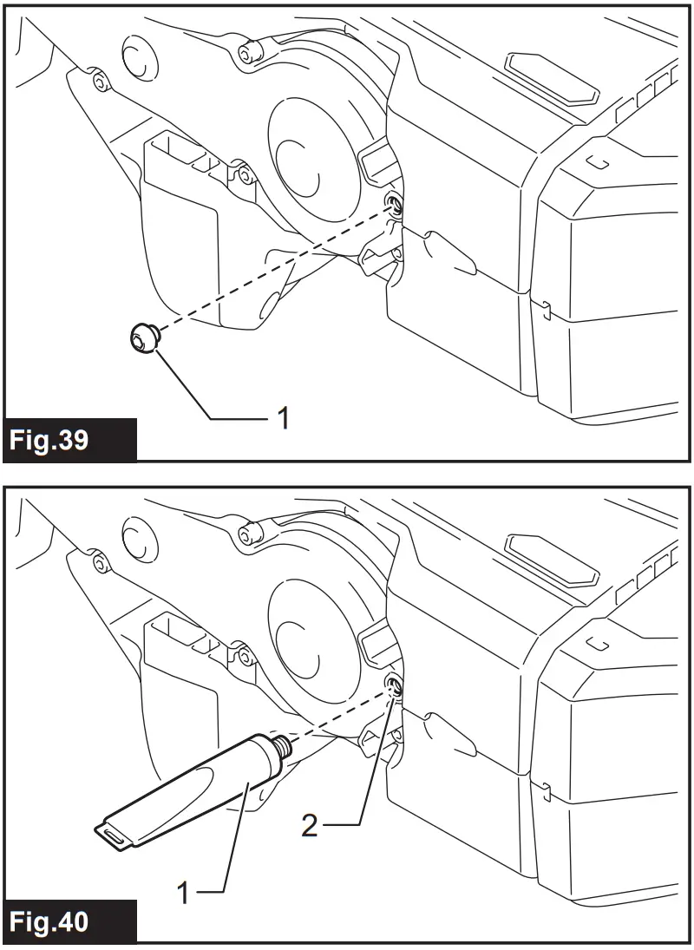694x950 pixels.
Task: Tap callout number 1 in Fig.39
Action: point(282,419)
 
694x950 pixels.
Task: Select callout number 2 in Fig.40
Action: point(310,823)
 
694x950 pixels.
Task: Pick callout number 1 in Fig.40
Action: point(184,892)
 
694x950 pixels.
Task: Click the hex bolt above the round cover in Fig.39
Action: point(249,52)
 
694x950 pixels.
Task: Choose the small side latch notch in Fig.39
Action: point(544,305)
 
